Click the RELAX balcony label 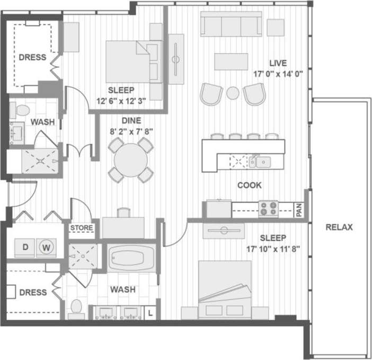pyautogui.click(x=339, y=227)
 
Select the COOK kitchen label pyautogui.click(x=249, y=186)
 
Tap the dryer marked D pyautogui.click(x=25, y=247)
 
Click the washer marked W pyautogui.click(x=46, y=247)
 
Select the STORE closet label pyautogui.click(x=82, y=229)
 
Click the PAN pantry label pyautogui.click(x=299, y=210)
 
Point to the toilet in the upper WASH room pyautogui.click(x=22, y=110)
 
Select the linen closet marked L pyautogui.click(x=150, y=313)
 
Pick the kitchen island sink pyautogui.click(x=262, y=161)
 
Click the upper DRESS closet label pyautogui.click(x=32, y=57)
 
